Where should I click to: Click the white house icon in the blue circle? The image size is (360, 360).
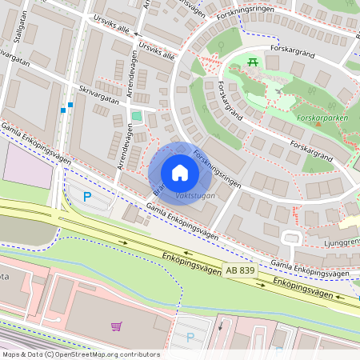point(180,173)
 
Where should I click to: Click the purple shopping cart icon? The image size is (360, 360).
point(117,326)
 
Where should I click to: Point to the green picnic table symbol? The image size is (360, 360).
point(254,62)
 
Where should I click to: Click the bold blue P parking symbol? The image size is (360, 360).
point(88,195)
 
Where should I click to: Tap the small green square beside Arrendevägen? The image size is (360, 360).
point(136,117)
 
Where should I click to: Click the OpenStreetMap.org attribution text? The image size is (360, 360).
point(103,354)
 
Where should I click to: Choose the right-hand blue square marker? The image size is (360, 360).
point(70,105)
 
